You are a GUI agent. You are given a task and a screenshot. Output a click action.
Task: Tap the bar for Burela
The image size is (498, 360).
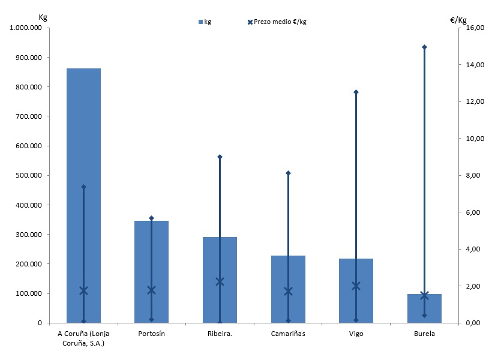[424, 312]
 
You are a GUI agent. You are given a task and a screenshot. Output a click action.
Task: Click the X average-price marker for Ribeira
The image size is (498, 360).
[220, 281]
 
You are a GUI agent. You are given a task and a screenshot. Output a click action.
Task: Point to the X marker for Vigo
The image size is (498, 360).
[356, 286]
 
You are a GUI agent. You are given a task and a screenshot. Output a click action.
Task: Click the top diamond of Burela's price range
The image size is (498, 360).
[424, 47]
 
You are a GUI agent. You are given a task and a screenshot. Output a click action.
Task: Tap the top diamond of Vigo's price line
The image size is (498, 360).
[356, 92]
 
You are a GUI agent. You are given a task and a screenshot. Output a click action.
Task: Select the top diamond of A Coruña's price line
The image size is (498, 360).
[83, 187]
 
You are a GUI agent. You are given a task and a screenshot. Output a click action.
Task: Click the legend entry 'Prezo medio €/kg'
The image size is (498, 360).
[277, 22]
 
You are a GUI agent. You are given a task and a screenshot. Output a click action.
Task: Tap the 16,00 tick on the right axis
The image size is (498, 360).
[473, 28]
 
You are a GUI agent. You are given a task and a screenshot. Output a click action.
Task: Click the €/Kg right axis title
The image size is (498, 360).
[458, 20]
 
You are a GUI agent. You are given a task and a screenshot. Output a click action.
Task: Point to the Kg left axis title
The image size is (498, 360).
[43, 17]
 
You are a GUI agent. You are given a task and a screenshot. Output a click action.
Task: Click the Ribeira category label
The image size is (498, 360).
[219, 334]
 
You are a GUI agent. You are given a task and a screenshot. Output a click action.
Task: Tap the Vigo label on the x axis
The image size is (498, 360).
[356, 334]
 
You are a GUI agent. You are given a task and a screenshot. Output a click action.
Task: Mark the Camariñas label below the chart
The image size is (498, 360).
[288, 334]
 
